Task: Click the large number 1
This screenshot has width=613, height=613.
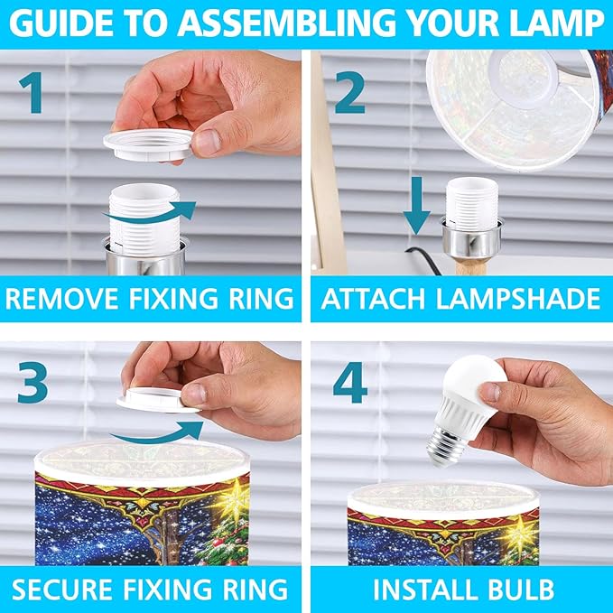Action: pyautogui.click(x=33, y=93)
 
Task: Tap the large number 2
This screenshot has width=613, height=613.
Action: pyautogui.click(x=349, y=93)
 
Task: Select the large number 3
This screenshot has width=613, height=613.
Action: pyautogui.click(x=33, y=383)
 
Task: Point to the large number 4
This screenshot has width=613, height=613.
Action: pyautogui.click(x=350, y=382)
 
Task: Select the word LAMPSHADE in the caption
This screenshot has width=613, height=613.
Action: pyautogui.click(x=518, y=299)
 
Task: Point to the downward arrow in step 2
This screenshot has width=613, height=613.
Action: pyautogui.click(x=417, y=205)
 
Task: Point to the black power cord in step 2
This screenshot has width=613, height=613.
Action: pyautogui.click(x=424, y=259)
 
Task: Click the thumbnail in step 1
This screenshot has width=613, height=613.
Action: pyautogui.click(x=207, y=143)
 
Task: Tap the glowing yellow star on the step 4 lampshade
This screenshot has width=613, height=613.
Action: pyautogui.click(x=520, y=534)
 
